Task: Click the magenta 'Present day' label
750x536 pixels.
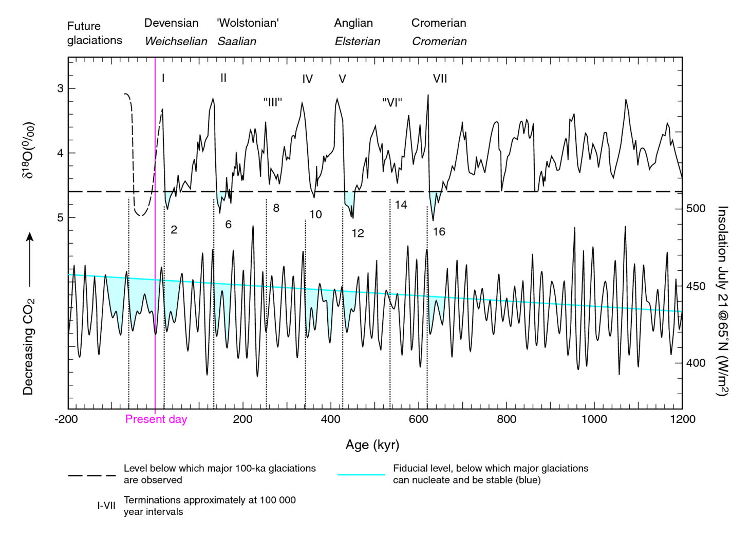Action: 156,419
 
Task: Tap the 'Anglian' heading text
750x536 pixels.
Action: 353,23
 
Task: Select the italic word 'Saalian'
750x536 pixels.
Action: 237,42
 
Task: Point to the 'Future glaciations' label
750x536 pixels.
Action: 95,33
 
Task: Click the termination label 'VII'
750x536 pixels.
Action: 440,79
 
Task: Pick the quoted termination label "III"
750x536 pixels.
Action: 273,102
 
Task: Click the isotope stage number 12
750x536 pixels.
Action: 358,233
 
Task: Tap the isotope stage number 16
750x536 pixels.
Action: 439,232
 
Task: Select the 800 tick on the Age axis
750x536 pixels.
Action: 506,419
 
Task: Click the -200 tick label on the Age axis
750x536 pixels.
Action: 66,419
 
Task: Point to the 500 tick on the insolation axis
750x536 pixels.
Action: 696,209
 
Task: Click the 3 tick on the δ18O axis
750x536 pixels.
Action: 61,88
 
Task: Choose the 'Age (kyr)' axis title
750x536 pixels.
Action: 372,445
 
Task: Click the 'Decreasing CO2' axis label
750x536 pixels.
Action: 28,346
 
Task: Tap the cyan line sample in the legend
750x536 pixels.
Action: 361,474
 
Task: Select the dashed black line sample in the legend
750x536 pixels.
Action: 92,475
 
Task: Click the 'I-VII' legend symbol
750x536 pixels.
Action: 106,506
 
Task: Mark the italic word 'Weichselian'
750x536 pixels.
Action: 176,42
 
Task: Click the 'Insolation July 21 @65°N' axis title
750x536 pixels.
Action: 722,301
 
